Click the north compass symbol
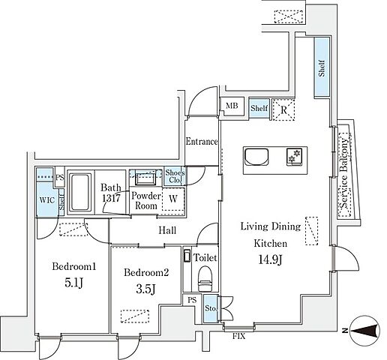pyautogui.click(x=364, y=331)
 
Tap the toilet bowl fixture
pyautogui.click(x=205, y=279)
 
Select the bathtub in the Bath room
pyautogui.click(x=79, y=192)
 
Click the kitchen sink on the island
pyautogui.click(x=256, y=157)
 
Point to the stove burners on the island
pyautogui.click(x=294, y=157)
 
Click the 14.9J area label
pyautogui.click(x=270, y=260)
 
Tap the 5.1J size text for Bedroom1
pyautogui.click(x=73, y=283)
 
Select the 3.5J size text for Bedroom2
pyautogui.click(x=146, y=289)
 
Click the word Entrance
pyautogui.click(x=202, y=142)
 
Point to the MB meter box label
pyautogui.click(x=232, y=106)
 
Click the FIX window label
pyautogui.click(x=239, y=336)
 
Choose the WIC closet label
pyautogui.click(x=47, y=200)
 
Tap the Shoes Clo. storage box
pyautogui.click(x=175, y=176)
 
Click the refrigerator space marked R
pyautogui.click(x=283, y=109)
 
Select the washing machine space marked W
pyautogui.click(x=173, y=199)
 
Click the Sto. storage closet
pyautogui.click(x=210, y=308)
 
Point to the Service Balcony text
pyautogui.click(x=344, y=173)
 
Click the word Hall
pyautogui.click(x=167, y=230)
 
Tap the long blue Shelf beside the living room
pyautogui.click(x=322, y=67)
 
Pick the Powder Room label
pyautogui.click(x=146, y=201)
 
